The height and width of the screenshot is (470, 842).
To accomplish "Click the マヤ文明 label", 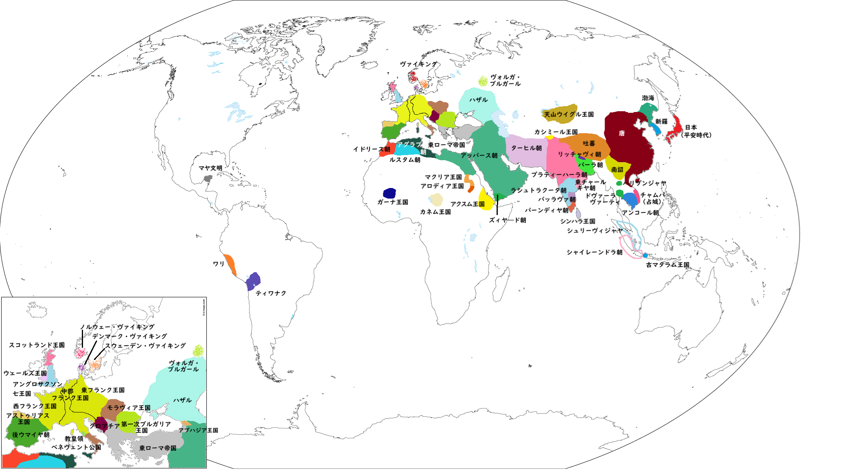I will coord(210,168).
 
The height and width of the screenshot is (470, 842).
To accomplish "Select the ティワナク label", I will coord(271,293).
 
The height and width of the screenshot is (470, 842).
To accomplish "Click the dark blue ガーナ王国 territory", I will coord(389,193).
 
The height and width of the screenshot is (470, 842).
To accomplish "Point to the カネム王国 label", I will coord(435,212).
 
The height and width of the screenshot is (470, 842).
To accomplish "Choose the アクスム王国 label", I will coord(467,204).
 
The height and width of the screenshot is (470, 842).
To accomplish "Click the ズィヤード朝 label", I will coord(508,220).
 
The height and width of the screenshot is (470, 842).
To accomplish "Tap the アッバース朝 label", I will coord(479,155).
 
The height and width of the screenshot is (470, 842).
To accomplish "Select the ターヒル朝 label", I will coord(526,148).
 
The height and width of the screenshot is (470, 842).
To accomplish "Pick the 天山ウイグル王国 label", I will coord(569,114).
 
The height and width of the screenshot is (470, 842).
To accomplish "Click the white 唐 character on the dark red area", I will coord(622,134).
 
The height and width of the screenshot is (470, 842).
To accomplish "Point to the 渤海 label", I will coord(648,98).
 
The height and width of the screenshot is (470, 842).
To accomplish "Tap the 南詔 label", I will coord(617,170).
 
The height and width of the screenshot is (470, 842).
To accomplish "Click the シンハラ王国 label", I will coord(577,221).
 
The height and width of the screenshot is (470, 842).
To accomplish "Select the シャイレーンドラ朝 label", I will coord(594,252).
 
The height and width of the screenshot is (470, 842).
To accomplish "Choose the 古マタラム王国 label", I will coord(667,265).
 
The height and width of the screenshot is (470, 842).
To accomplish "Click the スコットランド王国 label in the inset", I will coord(37,345).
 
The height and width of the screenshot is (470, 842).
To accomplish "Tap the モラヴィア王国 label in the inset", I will coord(129,408).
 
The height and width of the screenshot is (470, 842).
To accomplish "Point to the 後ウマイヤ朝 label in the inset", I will coord(31,435).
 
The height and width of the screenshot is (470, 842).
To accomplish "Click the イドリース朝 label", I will coord(372,149).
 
